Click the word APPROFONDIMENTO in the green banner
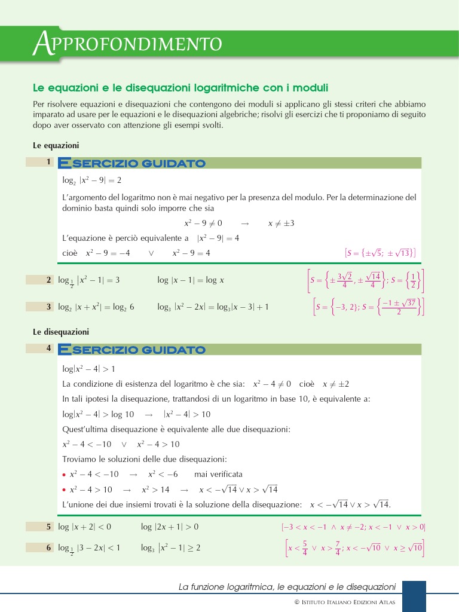[127, 43]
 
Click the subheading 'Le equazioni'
[56, 145]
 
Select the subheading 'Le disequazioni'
[60, 331]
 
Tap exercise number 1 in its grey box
[48, 162]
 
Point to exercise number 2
[49, 280]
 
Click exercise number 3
[49, 307]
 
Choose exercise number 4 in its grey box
[48, 348]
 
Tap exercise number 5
[49, 527]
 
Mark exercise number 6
[49, 547]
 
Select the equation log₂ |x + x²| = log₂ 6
[96, 307]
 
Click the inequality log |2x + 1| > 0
[170, 527]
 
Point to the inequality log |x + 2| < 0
[84, 527]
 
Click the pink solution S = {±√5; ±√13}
[381, 253]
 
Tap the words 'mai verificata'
[218, 474]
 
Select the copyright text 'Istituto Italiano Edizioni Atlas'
[348, 602]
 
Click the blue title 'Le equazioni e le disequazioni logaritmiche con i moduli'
[180, 88]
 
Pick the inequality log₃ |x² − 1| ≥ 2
[170, 547]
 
